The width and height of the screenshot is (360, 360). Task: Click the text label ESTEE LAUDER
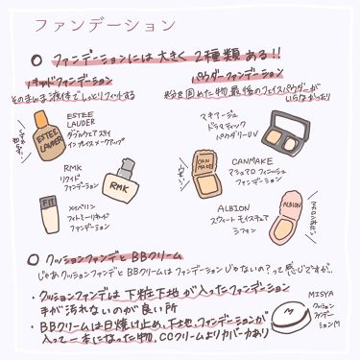[82, 122]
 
